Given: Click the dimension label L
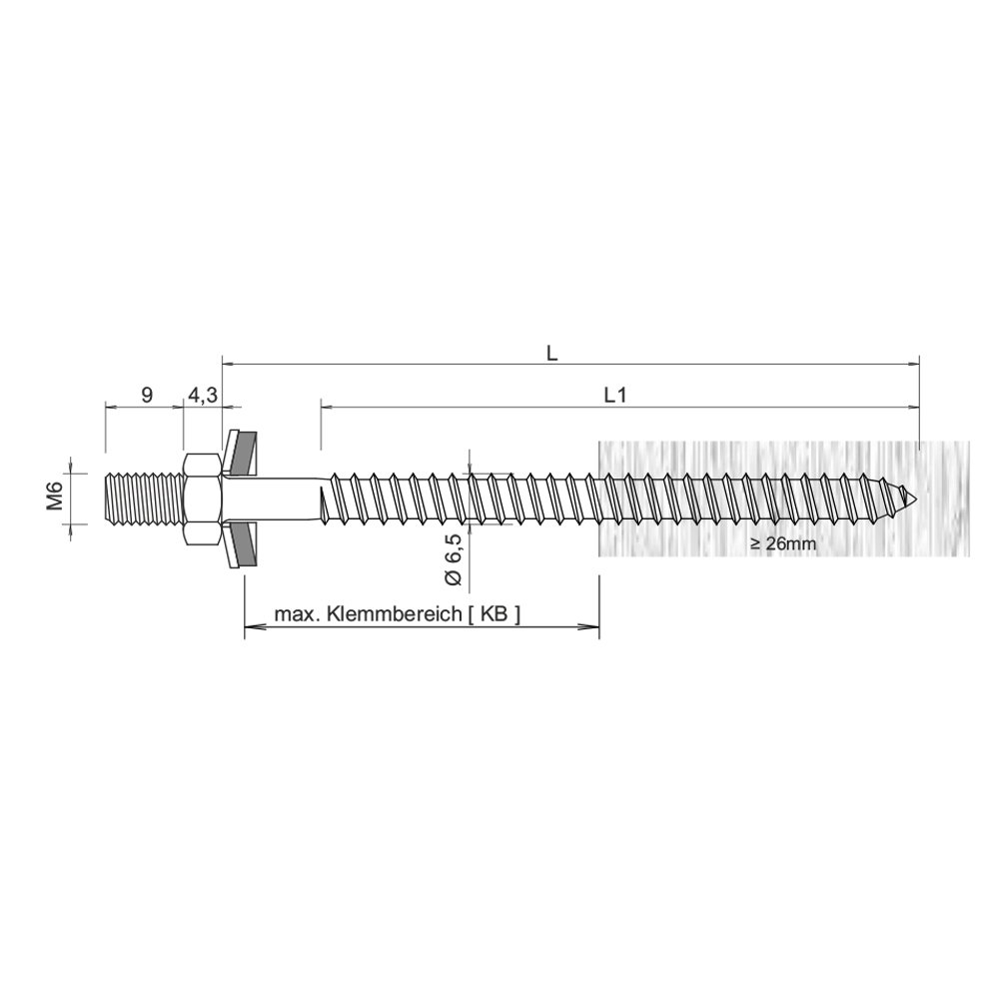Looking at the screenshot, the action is point(551,355).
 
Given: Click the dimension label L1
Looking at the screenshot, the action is point(614,396).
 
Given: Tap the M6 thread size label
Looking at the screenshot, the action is point(55,497).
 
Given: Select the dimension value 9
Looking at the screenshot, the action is point(147,395).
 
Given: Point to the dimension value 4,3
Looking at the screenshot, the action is point(203,396).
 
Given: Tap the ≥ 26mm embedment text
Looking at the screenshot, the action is point(783,543).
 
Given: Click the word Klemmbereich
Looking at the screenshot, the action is point(395,614).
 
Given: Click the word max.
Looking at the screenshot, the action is point(297,614).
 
